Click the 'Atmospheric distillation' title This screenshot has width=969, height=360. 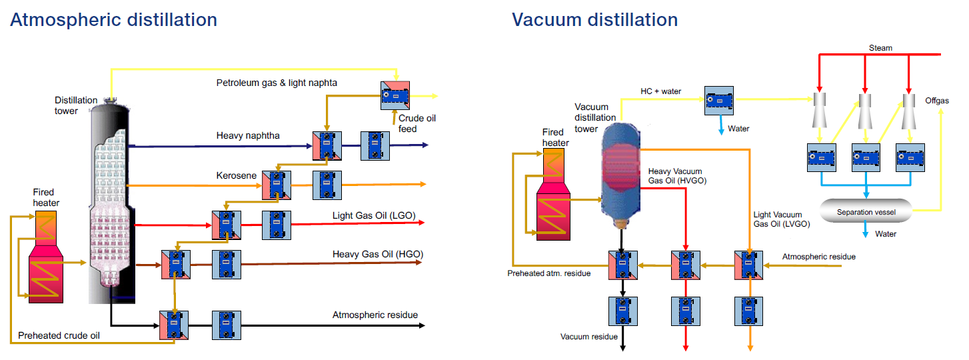113,20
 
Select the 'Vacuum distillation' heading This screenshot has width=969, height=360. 595,20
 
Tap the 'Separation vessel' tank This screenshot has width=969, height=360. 866,211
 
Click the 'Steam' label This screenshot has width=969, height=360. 880,47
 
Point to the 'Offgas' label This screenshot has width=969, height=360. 937,101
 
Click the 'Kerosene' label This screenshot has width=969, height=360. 236,175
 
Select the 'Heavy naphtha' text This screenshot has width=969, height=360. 248,136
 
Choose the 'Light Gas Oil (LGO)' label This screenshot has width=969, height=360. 374,215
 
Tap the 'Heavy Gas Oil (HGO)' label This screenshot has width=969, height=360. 378,254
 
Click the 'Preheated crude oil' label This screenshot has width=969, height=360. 59,335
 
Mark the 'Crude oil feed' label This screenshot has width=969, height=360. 417,123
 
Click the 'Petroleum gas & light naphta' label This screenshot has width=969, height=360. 277,83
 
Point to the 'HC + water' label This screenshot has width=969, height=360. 660,91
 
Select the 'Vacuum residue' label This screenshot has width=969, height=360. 588,337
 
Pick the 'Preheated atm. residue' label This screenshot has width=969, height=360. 549,273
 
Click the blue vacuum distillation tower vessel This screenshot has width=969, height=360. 620,175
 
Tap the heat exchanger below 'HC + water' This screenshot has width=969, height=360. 719,101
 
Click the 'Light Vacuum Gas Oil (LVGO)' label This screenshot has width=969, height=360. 782,219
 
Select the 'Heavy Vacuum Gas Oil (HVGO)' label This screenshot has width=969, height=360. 677,176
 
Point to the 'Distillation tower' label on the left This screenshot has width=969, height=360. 76,105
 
